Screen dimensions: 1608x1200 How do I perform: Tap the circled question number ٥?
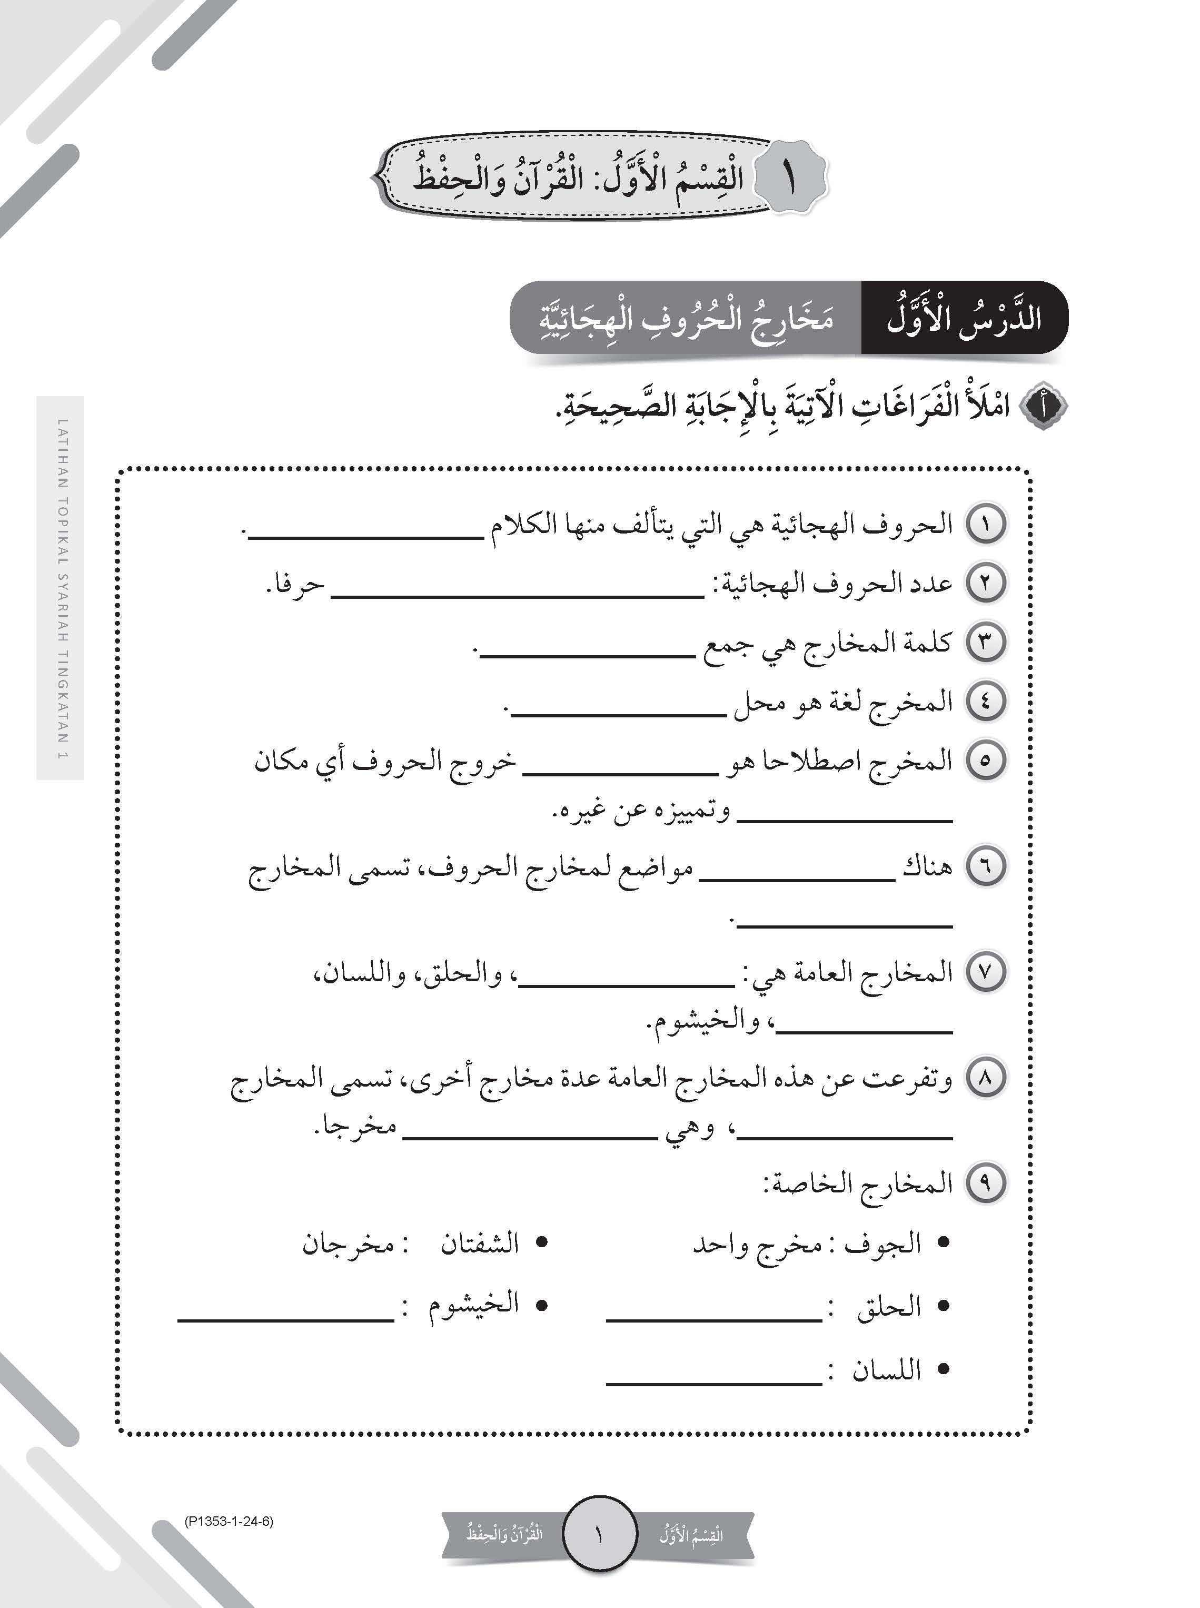tap(986, 761)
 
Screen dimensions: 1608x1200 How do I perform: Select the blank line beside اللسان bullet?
tap(714, 1383)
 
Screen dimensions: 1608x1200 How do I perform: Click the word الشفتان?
tap(479, 1243)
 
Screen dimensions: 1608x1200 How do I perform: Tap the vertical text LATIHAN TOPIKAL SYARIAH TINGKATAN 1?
tap(61, 588)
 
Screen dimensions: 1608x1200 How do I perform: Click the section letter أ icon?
tap(1044, 407)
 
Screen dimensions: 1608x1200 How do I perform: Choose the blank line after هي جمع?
tap(588, 655)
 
